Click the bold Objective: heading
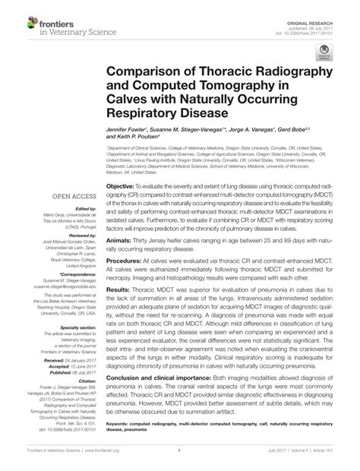tap(120, 185)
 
